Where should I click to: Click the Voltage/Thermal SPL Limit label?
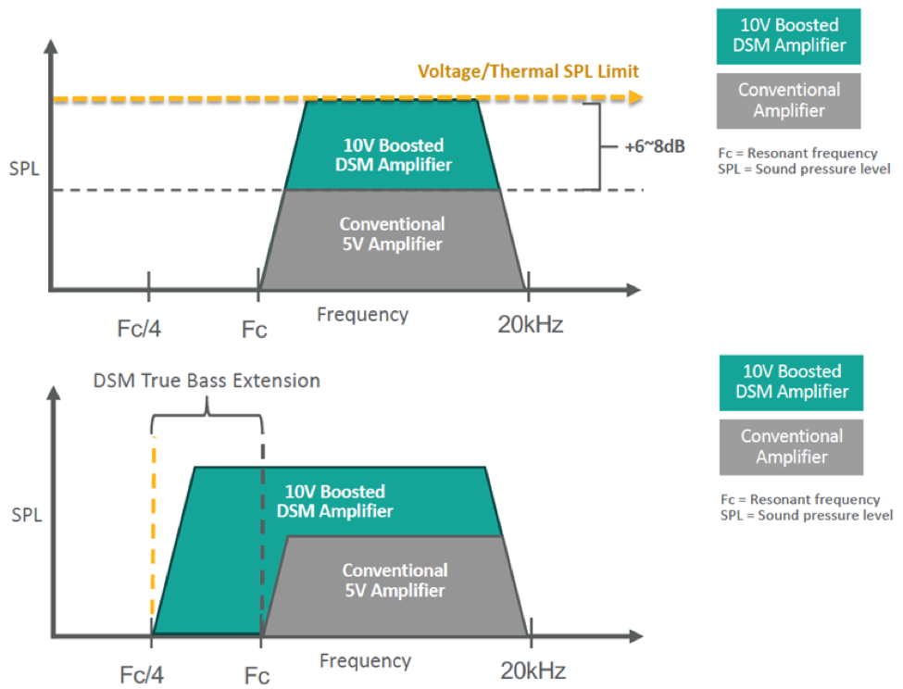528,71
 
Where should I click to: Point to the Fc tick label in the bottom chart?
257,676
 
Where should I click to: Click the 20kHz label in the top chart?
529,325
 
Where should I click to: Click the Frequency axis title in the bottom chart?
365,661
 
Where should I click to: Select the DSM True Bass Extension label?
207,381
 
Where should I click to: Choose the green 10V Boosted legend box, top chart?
788,36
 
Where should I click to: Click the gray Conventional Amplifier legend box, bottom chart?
792,446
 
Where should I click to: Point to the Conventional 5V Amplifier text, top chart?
392,234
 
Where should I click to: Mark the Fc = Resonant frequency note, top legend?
797,153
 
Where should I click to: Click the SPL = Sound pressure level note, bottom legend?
806,516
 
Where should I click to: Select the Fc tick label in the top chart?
255,329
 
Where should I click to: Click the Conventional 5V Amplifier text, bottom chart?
395,581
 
